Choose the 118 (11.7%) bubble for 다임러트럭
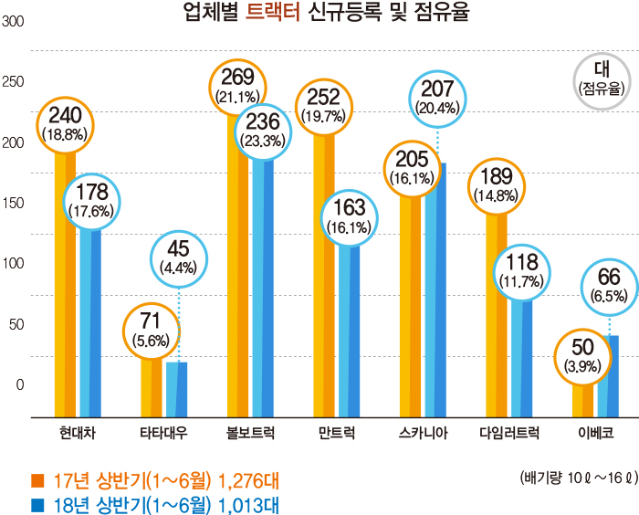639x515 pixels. (521, 271)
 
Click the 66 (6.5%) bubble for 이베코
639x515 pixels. (609, 285)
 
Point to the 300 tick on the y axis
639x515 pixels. (14, 22)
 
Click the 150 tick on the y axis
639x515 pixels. (14, 203)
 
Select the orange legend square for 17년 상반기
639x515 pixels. (37, 480)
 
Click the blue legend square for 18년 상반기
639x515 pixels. (37, 504)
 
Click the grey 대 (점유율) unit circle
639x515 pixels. (602, 80)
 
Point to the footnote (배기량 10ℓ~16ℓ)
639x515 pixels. (576, 478)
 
